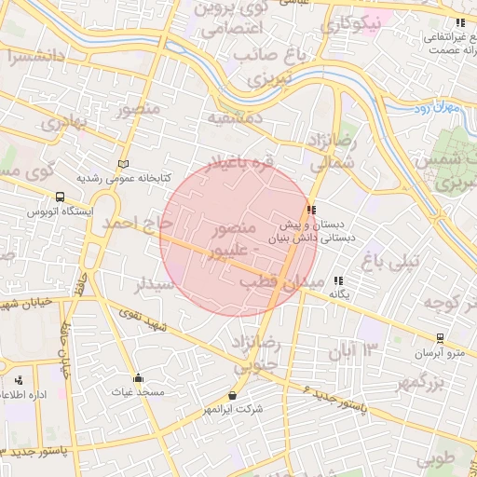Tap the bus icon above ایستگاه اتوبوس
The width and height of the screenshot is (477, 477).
pos(61,198)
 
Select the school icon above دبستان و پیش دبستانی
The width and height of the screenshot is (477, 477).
pos(311,211)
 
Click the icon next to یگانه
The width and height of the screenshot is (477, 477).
pos(338,279)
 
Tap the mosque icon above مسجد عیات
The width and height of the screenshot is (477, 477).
pos(139,378)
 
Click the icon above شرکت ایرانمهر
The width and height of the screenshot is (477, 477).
pos(232,395)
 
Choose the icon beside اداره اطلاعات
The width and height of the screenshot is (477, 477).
pos(19,380)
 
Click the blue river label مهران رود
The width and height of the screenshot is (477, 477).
pos(437,109)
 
